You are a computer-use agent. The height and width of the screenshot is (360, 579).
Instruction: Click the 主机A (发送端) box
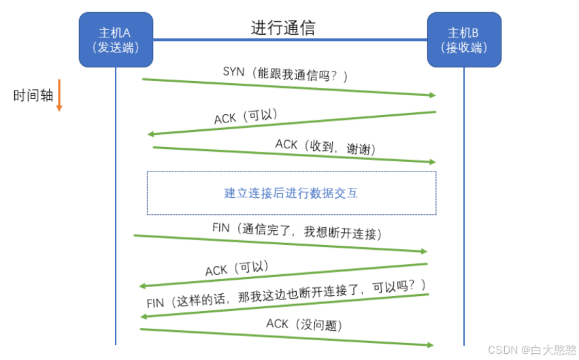115,39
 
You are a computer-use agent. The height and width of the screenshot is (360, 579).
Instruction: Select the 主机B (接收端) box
463,39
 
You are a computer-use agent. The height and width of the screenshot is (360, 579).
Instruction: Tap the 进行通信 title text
283,28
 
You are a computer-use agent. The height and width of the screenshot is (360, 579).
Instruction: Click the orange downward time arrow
59,95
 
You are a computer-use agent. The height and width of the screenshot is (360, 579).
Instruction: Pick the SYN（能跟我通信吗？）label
286,73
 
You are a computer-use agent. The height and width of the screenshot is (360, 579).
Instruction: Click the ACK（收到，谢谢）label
325,147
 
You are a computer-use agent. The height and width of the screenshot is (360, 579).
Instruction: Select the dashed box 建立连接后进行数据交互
291,193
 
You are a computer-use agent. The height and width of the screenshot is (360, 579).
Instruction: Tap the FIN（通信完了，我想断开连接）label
297,231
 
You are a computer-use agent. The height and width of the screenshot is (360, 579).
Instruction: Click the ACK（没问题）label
304,325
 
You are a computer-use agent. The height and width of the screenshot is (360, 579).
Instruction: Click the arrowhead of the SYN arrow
431,95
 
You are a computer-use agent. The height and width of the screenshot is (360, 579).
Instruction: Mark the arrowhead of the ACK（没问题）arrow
429,345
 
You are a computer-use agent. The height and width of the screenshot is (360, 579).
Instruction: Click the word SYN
233,71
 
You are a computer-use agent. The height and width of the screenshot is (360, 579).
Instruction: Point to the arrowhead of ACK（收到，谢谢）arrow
431,162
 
